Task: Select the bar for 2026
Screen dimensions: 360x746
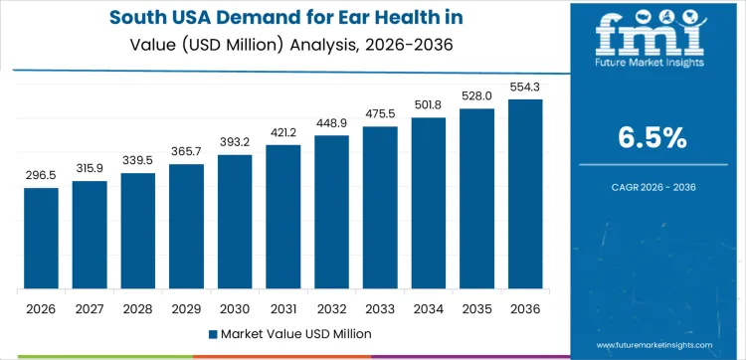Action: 41,239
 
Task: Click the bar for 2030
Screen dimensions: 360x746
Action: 235,222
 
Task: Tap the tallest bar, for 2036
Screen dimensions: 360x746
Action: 525,195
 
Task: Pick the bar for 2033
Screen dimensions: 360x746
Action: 380,208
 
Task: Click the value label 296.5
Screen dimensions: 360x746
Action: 41,174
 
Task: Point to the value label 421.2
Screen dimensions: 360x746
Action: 282,131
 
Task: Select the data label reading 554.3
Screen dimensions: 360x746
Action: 525,86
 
